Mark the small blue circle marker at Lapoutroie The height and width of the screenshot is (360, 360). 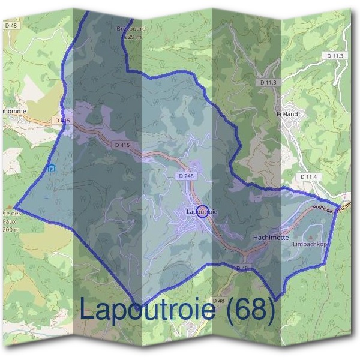coord(202,211)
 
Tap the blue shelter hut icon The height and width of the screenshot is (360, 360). coord(52,168)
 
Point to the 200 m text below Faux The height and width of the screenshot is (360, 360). coord(10,229)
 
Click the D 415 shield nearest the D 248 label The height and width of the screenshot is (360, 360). coord(122,145)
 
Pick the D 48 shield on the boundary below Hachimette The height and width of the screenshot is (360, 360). coord(242,267)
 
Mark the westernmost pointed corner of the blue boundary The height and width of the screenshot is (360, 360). coord(14,206)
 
